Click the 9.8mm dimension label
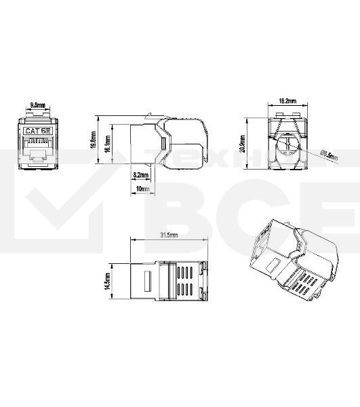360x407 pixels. click(x=38, y=105)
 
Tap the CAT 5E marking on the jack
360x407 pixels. click(x=38, y=131)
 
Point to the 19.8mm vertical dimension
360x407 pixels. click(x=93, y=141)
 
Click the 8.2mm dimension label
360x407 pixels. click(x=141, y=175)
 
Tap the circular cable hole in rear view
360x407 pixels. click(x=287, y=146)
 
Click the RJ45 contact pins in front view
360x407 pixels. click(x=38, y=144)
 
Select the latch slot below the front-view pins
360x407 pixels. click(x=38, y=158)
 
